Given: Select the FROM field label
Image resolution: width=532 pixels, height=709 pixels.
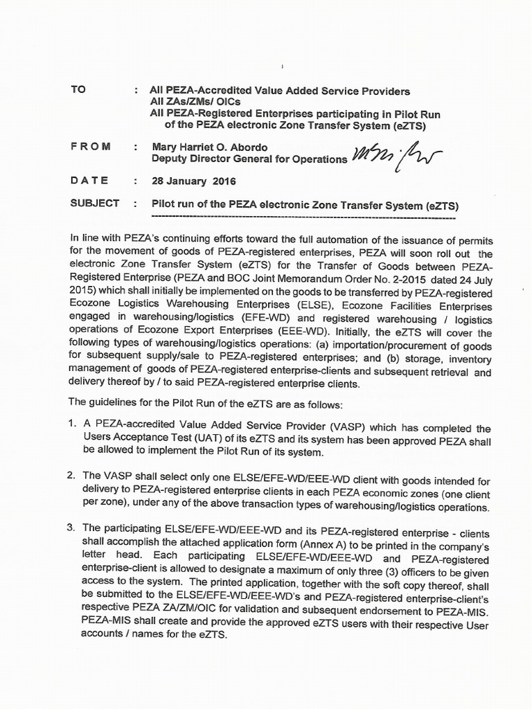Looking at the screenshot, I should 90,146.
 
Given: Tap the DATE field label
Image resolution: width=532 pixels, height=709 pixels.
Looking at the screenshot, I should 89,180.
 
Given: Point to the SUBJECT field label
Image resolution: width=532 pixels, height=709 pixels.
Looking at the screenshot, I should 95,204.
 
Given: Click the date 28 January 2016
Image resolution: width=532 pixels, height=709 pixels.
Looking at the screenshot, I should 194,181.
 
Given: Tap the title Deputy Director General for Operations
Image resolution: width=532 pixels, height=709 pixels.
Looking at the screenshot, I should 249,159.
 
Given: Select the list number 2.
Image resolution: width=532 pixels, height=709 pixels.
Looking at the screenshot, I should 71,476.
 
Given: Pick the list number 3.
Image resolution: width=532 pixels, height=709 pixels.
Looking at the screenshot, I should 71,528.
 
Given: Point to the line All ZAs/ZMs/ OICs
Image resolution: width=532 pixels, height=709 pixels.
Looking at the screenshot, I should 195,102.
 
